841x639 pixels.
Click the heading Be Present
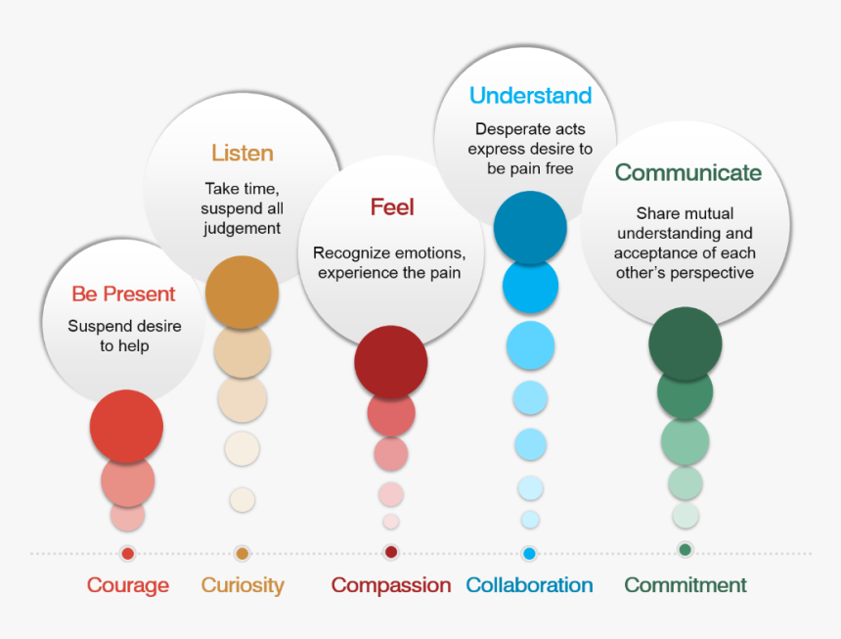pyautogui.click(x=123, y=294)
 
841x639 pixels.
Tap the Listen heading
pyautogui.click(x=243, y=153)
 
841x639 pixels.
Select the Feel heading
pyautogui.click(x=392, y=207)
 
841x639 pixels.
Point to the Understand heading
pyautogui.click(x=530, y=96)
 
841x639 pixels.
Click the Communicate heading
pyautogui.click(x=688, y=173)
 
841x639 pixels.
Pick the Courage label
pyautogui.click(x=128, y=585)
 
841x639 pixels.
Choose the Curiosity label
pyautogui.click(x=243, y=585)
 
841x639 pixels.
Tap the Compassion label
pyautogui.click(x=391, y=585)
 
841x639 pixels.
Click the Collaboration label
pyautogui.click(x=529, y=585)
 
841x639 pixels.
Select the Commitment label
pyautogui.click(x=686, y=585)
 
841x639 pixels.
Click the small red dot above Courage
pyautogui.click(x=128, y=554)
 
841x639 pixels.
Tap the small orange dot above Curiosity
pyautogui.click(x=243, y=554)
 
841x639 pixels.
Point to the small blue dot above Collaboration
pyautogui.click(x=529, y=554)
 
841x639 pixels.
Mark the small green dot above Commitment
pyautogui.click(x=685, y=549)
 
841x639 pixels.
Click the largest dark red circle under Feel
pyautogui.click(x=391, y=362)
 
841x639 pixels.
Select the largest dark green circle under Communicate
pyautogui.click(x=685, y=343)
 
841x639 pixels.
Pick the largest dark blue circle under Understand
pyautogui.click(x=530, y=227)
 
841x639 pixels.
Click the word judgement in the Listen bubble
pyautogui.click(x=242, y=229)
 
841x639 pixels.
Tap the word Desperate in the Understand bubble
pyautogui.click(x=502, y=129)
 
